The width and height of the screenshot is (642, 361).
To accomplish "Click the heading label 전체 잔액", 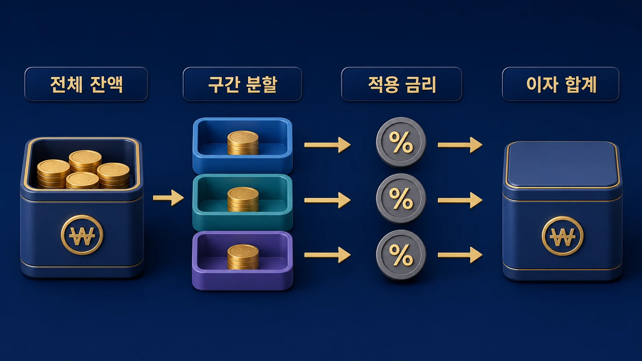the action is point(86,84).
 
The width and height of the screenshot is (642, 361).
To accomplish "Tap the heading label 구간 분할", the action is point(242,84).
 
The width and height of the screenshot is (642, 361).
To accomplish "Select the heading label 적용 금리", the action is point(402,84).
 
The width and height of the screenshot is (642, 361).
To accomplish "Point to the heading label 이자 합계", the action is point(561,84).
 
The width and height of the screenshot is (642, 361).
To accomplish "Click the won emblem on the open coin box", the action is point(82,235).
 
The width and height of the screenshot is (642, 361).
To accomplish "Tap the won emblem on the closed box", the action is point(562,236).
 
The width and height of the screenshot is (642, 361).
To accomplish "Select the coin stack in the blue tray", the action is point(243,143).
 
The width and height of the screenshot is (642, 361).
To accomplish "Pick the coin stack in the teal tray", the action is point(243,199).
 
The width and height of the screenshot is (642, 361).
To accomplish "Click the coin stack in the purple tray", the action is point(243,257).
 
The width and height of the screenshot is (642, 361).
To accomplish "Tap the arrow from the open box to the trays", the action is point(168,198).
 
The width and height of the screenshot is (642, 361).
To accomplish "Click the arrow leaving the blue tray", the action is point(327,145).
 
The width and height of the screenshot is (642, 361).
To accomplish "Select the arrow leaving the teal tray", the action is point(327,200).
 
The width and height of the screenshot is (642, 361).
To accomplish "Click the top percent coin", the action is point(401,142).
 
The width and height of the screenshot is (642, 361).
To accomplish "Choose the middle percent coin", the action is point(401,198).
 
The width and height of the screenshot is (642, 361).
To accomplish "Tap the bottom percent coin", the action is point(401,254).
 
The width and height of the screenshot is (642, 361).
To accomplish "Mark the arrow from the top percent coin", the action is point(460,145).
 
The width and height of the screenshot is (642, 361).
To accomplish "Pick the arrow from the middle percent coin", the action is point(460,200).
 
